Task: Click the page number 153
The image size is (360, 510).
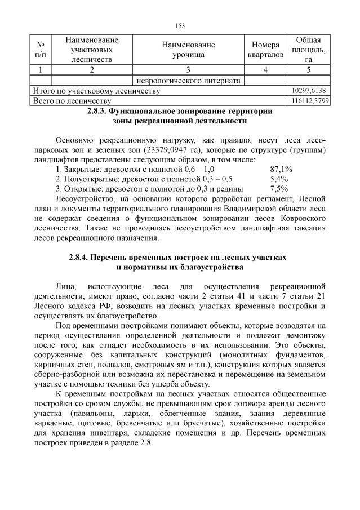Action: click(x=180, y=25)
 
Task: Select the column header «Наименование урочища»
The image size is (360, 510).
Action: click(x=188, y=50)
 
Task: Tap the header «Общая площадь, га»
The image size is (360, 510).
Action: click(x=308, y=50)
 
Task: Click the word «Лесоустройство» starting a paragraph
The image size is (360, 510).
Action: click(x=84, y=199)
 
